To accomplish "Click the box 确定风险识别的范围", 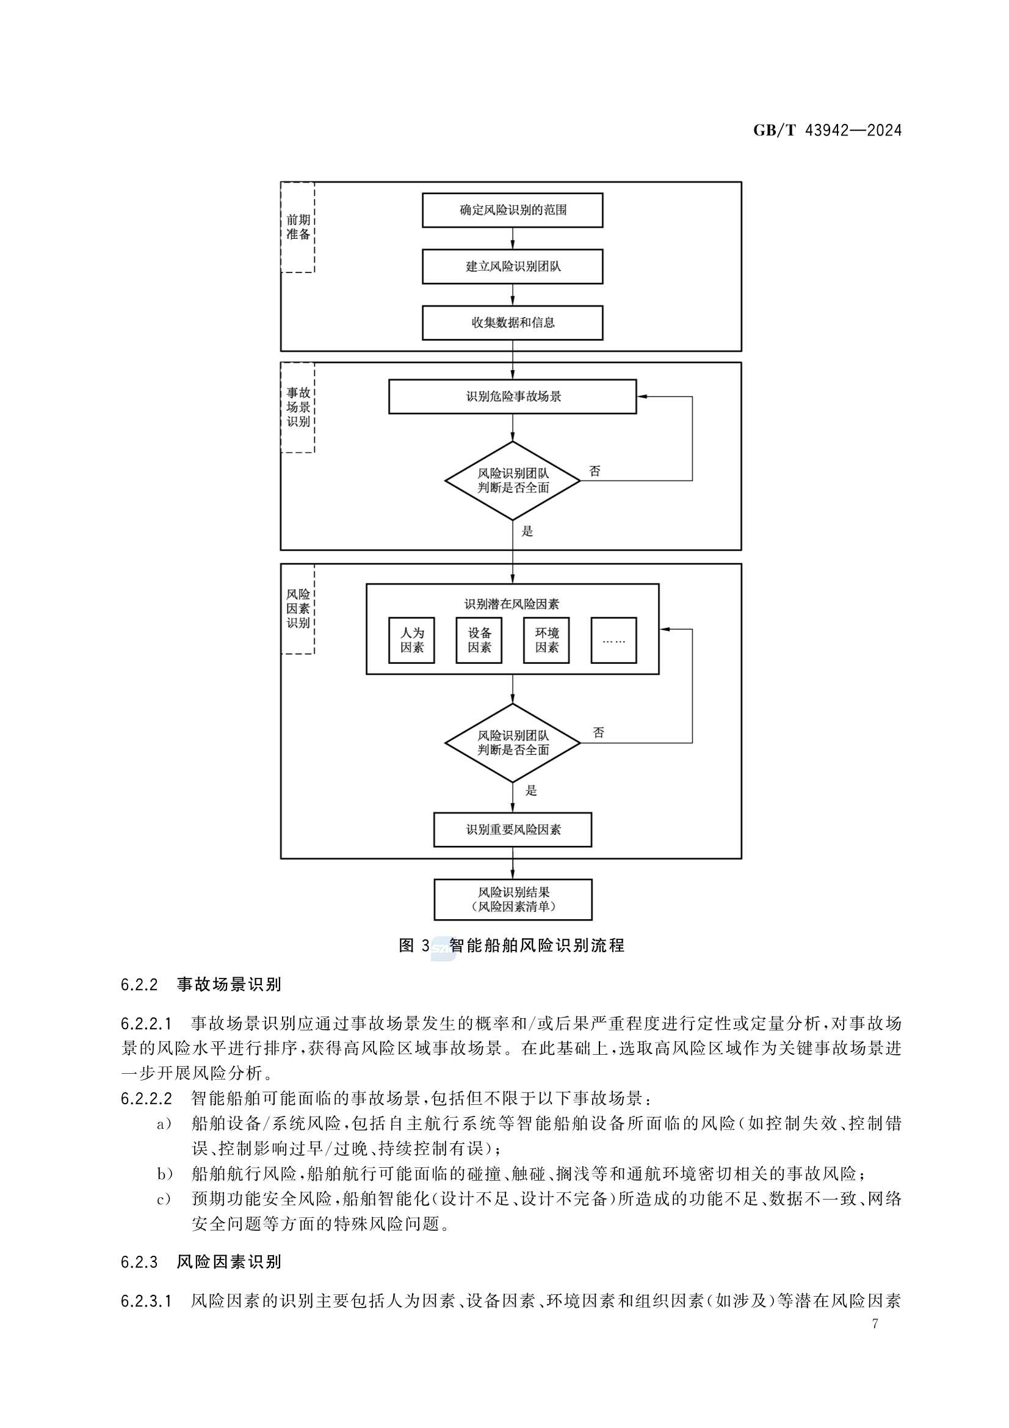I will (512, 210).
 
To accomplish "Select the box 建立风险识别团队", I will (512, 266).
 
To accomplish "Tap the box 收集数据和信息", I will (512, 322).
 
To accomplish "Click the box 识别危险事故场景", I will (512, 397).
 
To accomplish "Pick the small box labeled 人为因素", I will (411, 640).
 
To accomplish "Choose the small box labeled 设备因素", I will (479, 640).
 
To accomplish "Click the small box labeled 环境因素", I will (546, 640).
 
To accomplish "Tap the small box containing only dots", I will (613, 640).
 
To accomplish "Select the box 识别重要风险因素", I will (512, 829).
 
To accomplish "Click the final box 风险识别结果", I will (513, 899).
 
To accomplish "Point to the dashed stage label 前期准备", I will (298, 227).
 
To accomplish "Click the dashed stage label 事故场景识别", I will (298, 407).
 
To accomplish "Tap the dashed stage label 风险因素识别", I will (298, 609).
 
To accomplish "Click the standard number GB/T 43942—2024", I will (827, 131).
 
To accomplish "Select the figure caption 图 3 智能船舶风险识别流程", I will (511, 946).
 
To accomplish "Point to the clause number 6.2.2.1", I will (146, 1023).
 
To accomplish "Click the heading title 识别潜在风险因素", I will (512, 604).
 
